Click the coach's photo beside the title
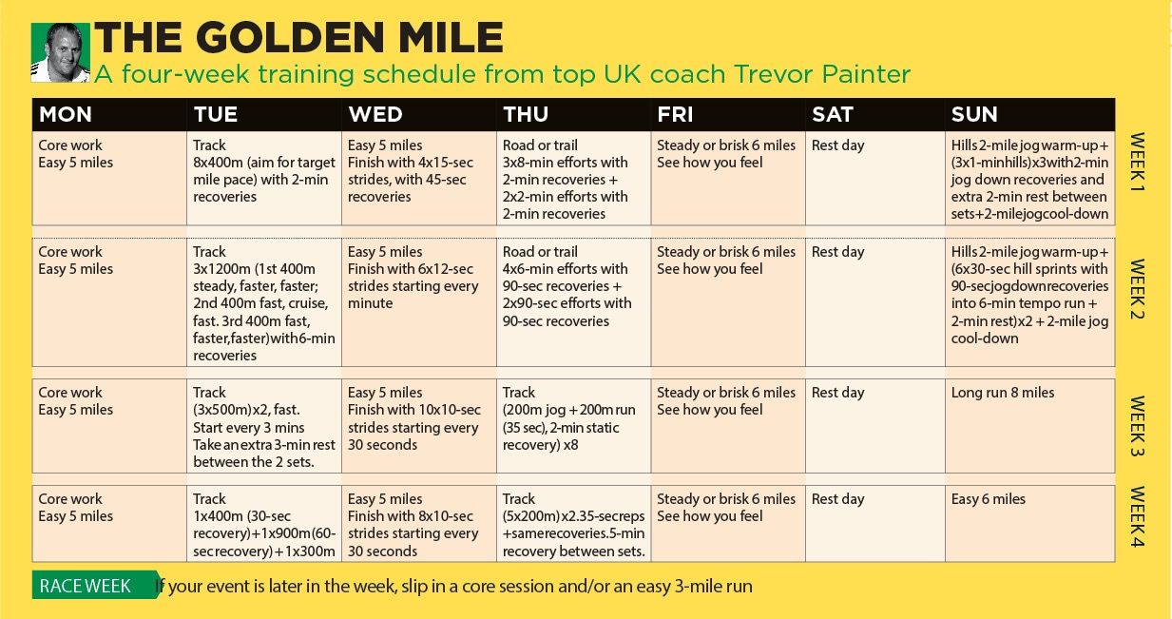click(x=60, y=52)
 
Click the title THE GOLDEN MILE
click(x=298, y=38)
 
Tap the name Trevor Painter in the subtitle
click(x=822, y=74)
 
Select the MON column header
click(x=66, y=114)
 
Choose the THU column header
click(x=526, y=114)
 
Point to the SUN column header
click(x=974, y=114)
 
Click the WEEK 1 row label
click(x=1138, y=163)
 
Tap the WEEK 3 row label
click(x=1138, y=426)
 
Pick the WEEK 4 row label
click(x=1138, y=516)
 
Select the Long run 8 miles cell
click(x=1029, y=426)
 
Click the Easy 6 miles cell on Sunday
click(x=1029, y=524)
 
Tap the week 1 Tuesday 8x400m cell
click(x=264, y=179)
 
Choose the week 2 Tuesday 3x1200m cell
click(x=264, y=302)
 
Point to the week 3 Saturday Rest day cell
click(x=875, y=426)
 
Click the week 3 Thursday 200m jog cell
click(x=573, y=426)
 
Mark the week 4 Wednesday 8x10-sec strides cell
click(x=419, y=524)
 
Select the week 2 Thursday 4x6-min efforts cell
click(x=573, y=302)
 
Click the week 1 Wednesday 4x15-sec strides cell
click(x=419, y=179)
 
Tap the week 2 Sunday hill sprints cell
click(x=1029, y=302)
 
